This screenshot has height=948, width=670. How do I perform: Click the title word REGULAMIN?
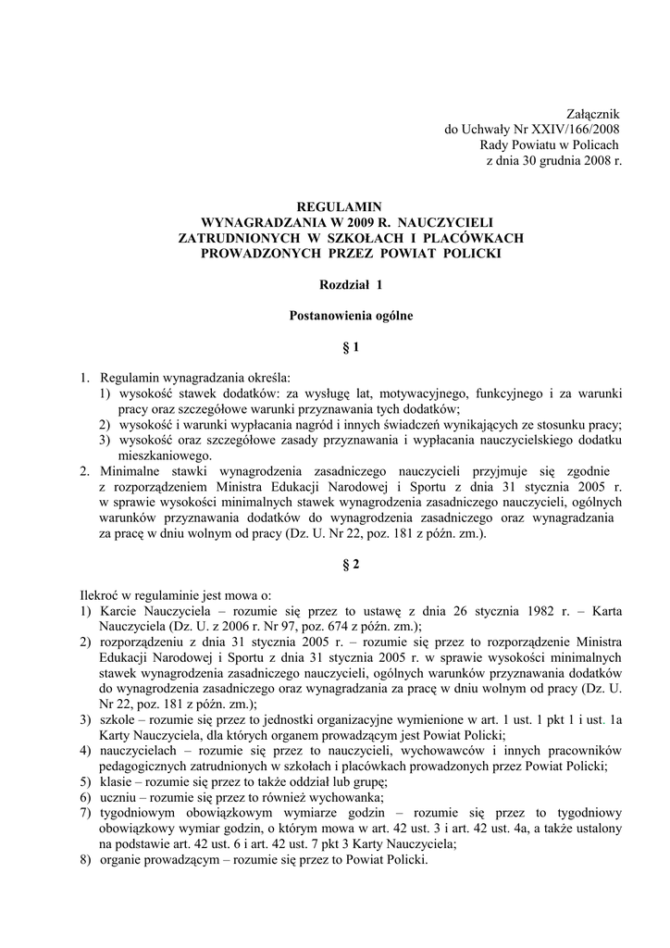[x=337, y=206]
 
